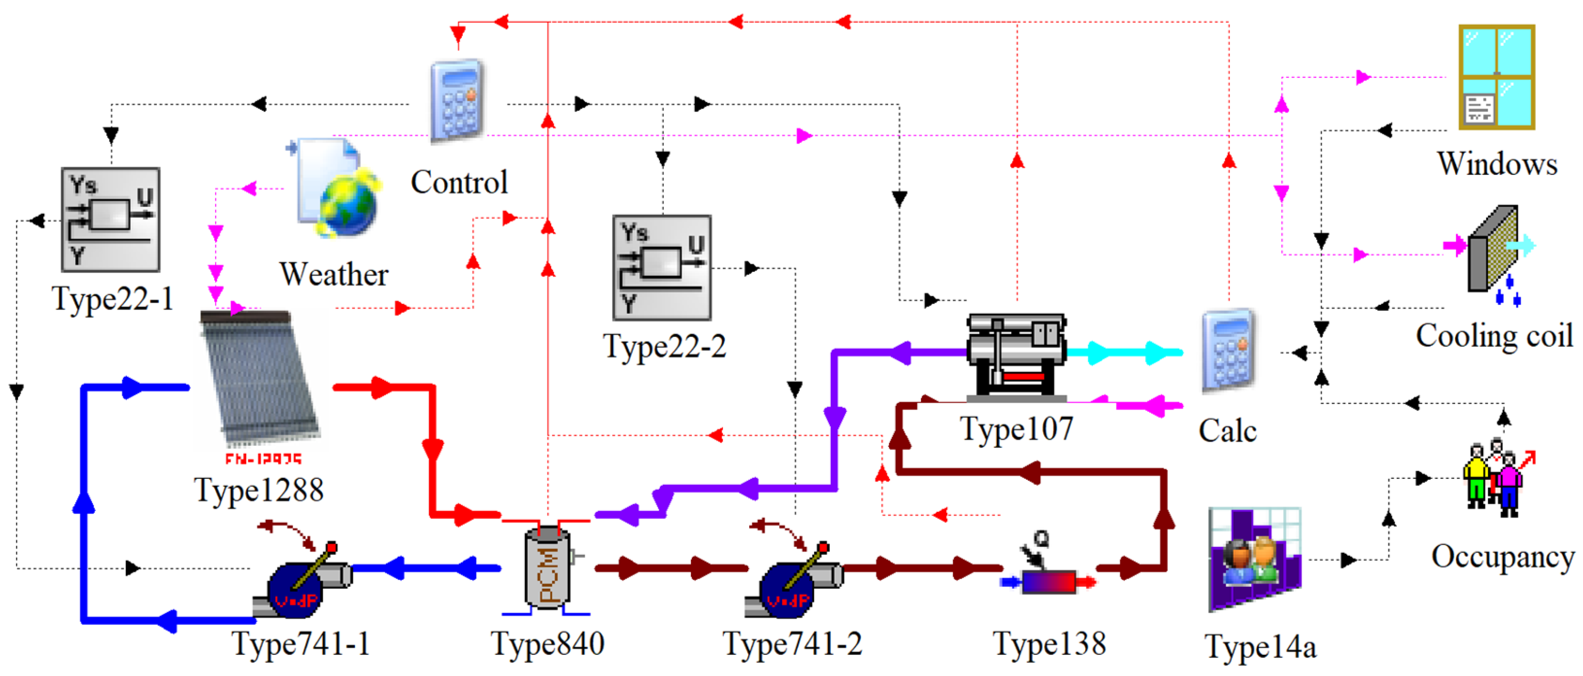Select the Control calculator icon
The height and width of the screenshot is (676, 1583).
point(456,101)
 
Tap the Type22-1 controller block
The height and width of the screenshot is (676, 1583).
point(110,219)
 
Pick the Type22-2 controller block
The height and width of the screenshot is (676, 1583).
point(662,267)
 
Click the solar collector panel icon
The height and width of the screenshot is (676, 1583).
point(258,378)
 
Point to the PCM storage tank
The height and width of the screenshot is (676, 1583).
point(546,569)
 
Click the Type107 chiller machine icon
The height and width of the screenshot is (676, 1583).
point(1016,357)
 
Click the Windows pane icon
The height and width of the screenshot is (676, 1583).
point(1496,77)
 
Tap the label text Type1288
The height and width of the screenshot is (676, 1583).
point(259,490)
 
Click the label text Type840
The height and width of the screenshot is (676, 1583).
point(547,644)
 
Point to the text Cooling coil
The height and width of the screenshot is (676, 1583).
point(1494,335)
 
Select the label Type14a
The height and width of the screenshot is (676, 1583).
point(1261,647)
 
